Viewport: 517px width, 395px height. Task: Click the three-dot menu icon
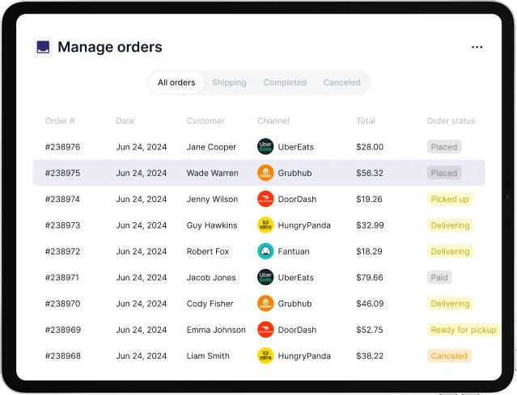pos(477,47)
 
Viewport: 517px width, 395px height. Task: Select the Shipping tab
pos(229,82)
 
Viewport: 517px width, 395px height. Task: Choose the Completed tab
pos(285,82)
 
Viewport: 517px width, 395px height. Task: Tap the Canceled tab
pos(341,82)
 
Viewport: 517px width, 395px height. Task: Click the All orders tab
pos(176,82)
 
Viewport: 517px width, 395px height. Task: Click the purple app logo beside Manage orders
pos(43,47)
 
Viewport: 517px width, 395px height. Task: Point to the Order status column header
pos(451,121)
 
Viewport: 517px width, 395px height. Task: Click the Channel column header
pos(273,121)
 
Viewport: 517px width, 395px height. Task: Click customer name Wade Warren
pos(211,173)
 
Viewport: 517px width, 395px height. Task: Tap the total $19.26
pos(369,199)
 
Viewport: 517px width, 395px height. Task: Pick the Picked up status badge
pos(450,199)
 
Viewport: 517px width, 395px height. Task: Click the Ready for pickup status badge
pos(464,330)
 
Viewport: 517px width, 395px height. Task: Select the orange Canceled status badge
pos(449,355)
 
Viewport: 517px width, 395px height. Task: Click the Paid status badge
pos(439,277)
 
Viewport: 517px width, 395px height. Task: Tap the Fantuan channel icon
pos(265,251)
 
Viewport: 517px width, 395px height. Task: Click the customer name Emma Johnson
pos(216,330)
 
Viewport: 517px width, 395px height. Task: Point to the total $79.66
pos(370,277)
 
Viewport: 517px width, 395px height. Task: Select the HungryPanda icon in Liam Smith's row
pos(265,355)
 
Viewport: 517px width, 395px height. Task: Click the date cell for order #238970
pos(142,304)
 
